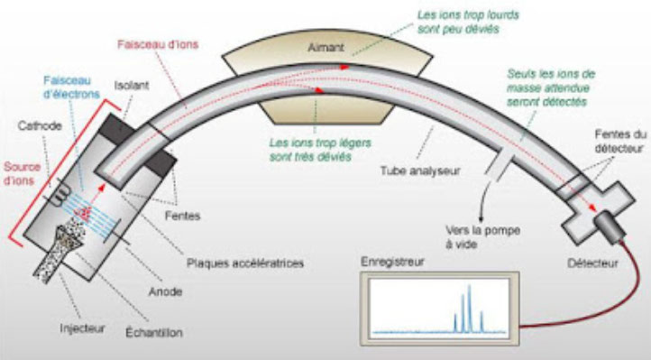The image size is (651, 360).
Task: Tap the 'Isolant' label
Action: [x=131, y=88]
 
